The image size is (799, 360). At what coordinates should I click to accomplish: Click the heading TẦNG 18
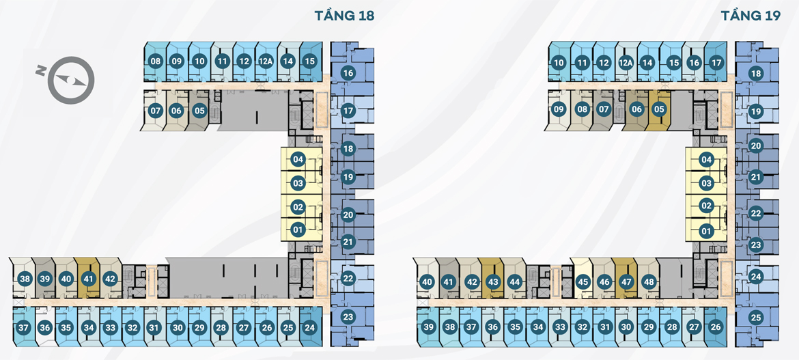click(x=344, y=16)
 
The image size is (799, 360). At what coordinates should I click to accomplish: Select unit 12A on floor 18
click(x=266, y=61)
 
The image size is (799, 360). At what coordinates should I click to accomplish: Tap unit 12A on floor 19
click(x=626, y=63)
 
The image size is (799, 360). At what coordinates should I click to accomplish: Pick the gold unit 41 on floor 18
click(x=87, y=279)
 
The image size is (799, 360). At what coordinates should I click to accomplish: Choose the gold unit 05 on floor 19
click(x=659, y=109)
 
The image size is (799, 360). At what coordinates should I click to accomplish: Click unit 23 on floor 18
click(x=348, y=317)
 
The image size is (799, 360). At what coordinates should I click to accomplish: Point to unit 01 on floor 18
click(x=298, y=230)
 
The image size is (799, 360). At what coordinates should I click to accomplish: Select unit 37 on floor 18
click(x=24, y=328)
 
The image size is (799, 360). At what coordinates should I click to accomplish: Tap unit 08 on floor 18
click(x=156, y=61)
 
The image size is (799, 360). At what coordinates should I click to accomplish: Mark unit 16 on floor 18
click(x=348, y=73)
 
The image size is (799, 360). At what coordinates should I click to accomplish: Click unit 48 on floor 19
click(x=648, y=281)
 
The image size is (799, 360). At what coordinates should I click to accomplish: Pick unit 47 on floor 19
click(x=626, y=281)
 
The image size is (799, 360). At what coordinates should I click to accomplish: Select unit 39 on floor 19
click(x=428, y=327)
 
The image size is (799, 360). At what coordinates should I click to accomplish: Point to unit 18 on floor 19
click(x=755, y=74)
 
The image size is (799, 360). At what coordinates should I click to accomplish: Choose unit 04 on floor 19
click(x=706, y=160)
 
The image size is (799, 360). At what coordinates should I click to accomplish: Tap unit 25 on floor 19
click(x=755, y=317)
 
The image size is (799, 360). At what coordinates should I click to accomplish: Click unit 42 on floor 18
click(x=110, y=279)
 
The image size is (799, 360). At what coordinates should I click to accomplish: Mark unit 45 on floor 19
click(x=583, y=281)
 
